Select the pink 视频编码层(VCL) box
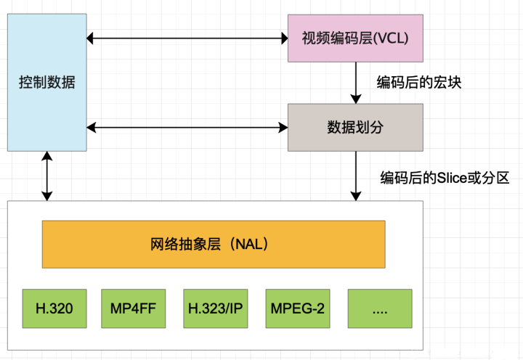click(x=354, y=36)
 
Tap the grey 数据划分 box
click(x=354, y=127)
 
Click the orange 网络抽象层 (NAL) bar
click(x=213, y=245)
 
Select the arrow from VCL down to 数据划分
click(x=355, y=81)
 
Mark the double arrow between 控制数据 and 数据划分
click(x=187, y=128)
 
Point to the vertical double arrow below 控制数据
click(x=47, y=176)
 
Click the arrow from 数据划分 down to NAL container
click(x=355, y=175)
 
